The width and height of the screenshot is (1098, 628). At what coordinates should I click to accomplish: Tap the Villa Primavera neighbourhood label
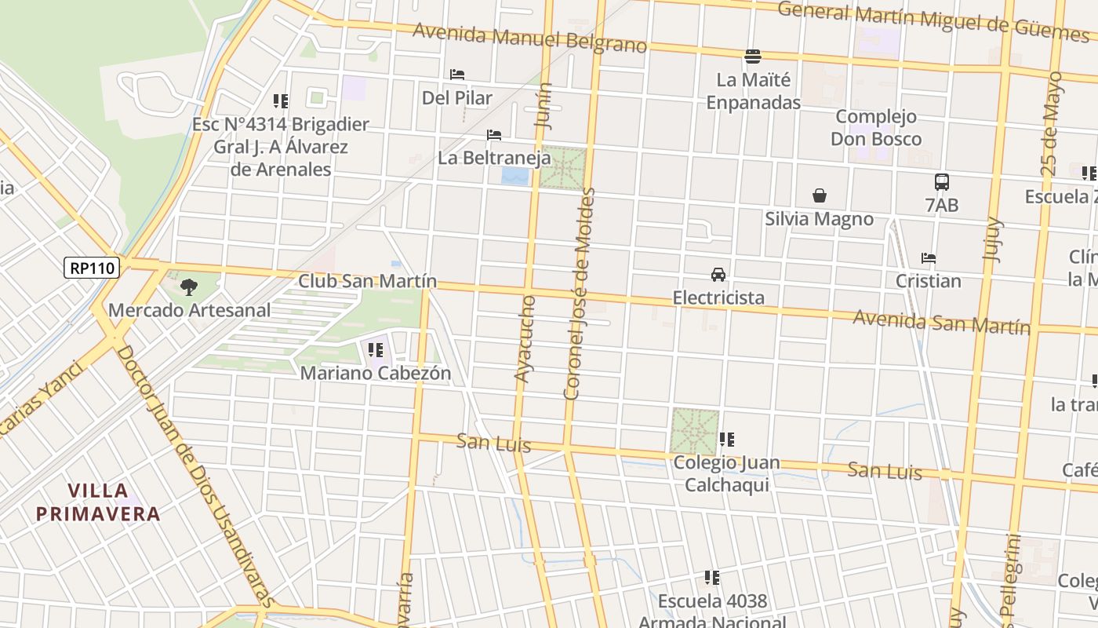tap(98, 502)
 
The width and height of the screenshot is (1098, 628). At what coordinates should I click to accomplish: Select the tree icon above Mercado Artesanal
tap(188, 287)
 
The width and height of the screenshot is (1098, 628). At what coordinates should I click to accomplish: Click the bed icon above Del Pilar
tap(457, 75)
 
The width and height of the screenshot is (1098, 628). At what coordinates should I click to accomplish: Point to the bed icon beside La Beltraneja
tap(494, 135)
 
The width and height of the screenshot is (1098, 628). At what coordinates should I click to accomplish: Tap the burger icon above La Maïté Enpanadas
tap(753, 56)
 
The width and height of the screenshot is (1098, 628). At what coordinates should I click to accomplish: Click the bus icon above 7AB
tap(942, 182)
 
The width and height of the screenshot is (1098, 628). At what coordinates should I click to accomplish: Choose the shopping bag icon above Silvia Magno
tap(820, 195)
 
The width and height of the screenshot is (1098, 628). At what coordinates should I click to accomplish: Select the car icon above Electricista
tap(718, 275)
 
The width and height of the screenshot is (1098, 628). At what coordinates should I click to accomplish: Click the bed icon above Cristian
tap(929, 258)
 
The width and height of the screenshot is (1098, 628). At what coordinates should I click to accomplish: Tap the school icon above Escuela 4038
tap(712, 579)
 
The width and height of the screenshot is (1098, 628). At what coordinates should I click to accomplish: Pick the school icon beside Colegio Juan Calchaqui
tap(727, 440)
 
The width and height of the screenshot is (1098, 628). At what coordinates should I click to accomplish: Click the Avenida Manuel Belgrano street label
tap(529, 38)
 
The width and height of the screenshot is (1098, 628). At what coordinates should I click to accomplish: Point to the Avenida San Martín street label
tap(941, 321)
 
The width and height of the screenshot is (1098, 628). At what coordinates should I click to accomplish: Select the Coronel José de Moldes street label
tap(581, 294)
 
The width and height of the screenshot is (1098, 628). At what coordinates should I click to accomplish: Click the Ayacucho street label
tap(525, 339)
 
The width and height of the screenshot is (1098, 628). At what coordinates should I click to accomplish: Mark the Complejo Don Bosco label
tap(876, 128)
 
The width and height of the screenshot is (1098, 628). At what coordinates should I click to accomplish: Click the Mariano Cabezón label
tap(376, 373)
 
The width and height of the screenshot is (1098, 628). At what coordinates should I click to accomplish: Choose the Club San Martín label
tap(367, 282)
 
